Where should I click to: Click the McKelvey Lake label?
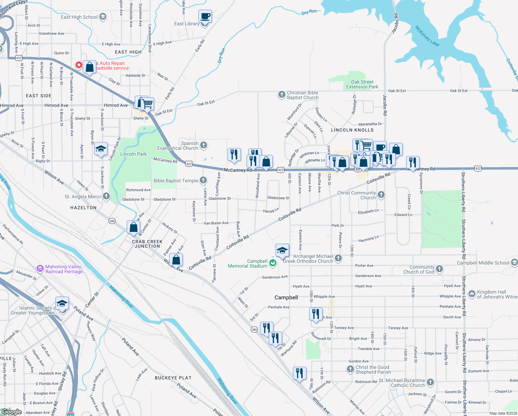[x=427, y=36]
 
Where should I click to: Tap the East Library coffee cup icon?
[x=205, y=16]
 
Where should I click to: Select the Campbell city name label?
[x=286, y=297]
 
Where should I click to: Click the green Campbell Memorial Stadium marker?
[x=273, y=263]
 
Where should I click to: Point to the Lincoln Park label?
[x=133, y=154]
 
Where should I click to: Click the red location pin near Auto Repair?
[x=79, y=65]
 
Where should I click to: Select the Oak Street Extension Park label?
[x=362, y=84]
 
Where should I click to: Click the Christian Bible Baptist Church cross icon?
[x=282, y=95]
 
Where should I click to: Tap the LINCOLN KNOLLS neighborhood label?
[x=352, y=130]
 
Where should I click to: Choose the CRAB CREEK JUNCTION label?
[x=147, y=244]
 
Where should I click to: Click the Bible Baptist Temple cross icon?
[x=204, y=180]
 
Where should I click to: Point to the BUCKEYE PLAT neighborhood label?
[x=173, y=378]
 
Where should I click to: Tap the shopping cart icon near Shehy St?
[x=148, y=103]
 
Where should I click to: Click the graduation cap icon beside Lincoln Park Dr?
[x=101, y=149]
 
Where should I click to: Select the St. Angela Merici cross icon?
[x=106, y=196]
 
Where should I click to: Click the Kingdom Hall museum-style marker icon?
[x=472, y=294]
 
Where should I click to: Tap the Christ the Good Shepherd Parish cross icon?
[x=350, y=369]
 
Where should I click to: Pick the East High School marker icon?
[x=103, y=17]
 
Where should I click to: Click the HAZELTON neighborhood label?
[x=83, y=208]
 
